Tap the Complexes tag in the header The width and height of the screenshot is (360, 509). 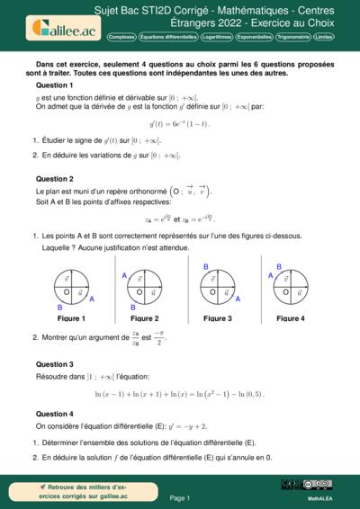(x=121, y=37)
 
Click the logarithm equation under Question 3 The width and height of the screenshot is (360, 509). (x=179, y=394)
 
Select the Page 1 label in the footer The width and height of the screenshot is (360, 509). (x=179, y=496)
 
